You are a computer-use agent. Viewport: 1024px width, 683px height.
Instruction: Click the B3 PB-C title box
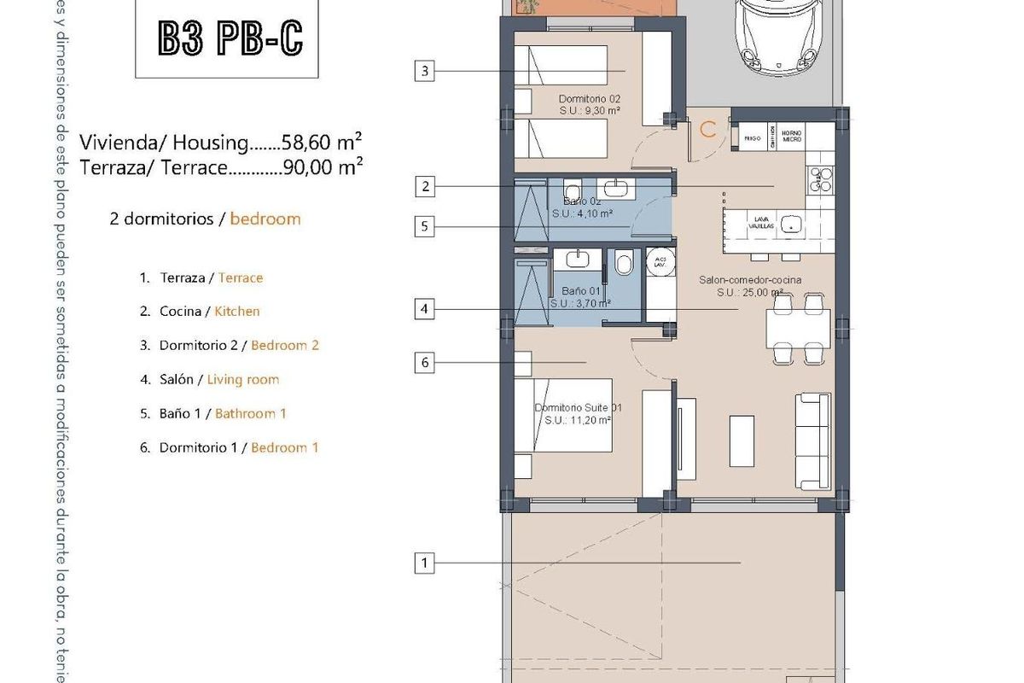click(227, 38)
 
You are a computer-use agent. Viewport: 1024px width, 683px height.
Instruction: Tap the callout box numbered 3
click(424, 71)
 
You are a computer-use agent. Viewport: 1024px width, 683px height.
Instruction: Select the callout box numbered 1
click(424, 563)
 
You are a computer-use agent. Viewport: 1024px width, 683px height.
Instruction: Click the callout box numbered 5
click(424, 226)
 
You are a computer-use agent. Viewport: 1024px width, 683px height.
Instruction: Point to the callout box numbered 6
click(424, 363)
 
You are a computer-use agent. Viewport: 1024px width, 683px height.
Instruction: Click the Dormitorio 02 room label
click(589, 104)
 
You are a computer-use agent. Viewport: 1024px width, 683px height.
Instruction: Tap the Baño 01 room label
click(579, 297)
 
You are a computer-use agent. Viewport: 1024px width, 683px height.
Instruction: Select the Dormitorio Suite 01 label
click(578, 413)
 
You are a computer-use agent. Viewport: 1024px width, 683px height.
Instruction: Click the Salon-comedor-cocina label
click(749, 285)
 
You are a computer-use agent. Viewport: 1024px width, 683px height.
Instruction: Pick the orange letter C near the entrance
click(707, 130)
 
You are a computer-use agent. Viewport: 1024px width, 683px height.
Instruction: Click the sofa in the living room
click(813, 441)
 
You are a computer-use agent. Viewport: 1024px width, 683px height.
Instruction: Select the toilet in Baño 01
click(623, 264)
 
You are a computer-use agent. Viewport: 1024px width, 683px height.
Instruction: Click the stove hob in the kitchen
click(821, 179)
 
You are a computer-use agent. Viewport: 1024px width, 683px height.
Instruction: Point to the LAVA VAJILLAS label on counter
click(760, 223)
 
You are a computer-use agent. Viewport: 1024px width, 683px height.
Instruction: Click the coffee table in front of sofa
click(741, 441)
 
